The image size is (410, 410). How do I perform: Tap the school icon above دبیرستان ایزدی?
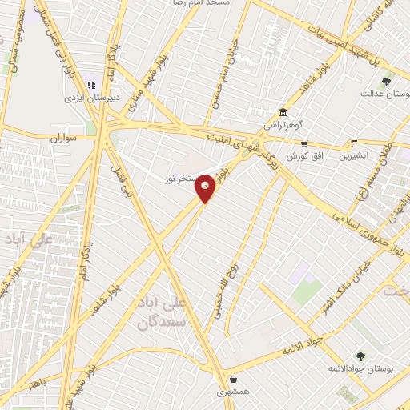click(90, 84)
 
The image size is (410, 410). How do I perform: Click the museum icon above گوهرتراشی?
click(282, 112)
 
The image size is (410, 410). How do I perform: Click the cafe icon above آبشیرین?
click(353, 144)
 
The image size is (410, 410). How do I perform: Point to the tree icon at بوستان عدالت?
click(387, 81)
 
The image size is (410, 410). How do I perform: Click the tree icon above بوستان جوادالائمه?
click(360, 356)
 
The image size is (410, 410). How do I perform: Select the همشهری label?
click(233, 392)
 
